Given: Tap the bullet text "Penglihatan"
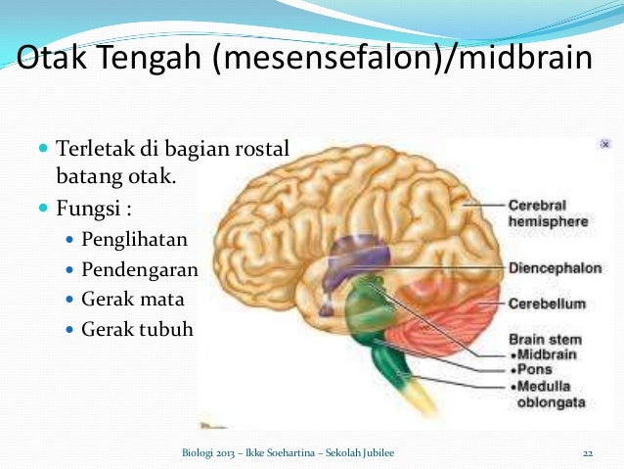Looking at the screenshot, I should point(134,239).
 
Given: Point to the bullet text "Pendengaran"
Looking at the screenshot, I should point(140,269).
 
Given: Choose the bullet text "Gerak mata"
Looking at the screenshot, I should point(132,299).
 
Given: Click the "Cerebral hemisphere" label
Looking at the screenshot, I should point(548,213).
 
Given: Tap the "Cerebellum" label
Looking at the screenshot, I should point(546,304).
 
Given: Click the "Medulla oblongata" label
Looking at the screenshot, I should point(550,394).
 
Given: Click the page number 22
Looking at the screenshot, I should point(588,452).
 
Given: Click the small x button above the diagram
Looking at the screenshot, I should point(605,144).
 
